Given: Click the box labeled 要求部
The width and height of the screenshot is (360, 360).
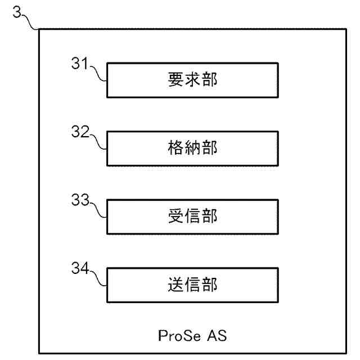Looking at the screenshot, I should (x=192, y=80).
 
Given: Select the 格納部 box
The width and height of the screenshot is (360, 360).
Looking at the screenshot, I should (x=192, y=148).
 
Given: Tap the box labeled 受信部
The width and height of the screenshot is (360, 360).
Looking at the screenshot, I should (x=192, y=217).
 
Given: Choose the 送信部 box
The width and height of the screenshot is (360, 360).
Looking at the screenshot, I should (x=192, y=285).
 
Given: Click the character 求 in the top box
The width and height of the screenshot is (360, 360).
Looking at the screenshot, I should (x=192, y=80).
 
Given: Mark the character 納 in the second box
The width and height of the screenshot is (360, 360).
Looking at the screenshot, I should (x=192, y=148).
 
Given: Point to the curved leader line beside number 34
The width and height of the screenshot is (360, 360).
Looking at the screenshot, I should (x=98, y=277).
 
